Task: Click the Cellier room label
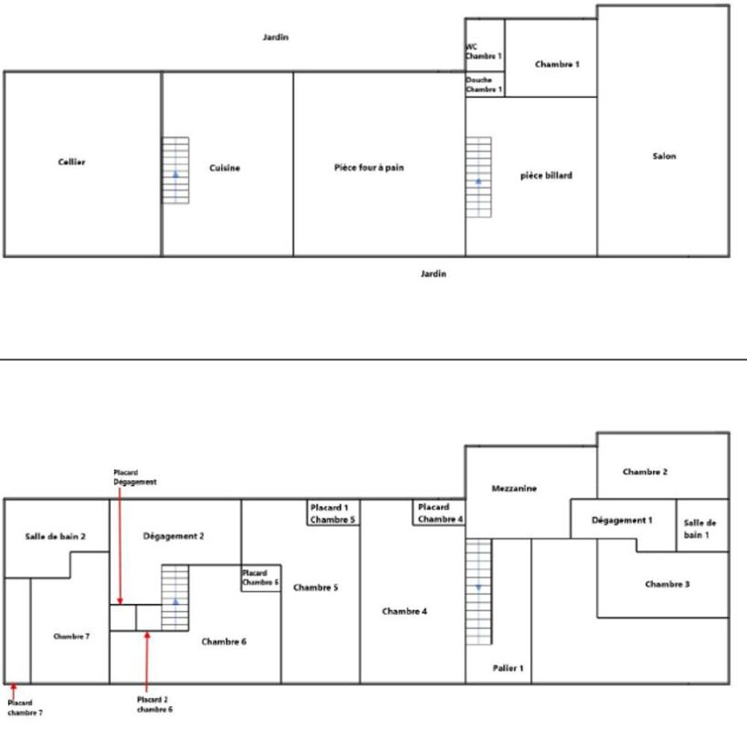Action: [72, 162]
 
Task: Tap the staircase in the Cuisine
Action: [176, 170]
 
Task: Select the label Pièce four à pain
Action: [368, 168]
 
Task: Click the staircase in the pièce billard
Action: [478, 177]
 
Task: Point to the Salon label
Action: [663, 156]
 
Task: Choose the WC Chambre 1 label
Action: [483, 51]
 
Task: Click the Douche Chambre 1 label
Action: [483, 84]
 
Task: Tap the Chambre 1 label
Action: [557, 65]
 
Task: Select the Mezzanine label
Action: [514, 488]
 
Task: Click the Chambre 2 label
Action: [645, 472]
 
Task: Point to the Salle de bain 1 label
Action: [700, 528]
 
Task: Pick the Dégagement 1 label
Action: [622, 520]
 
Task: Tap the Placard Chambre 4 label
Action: [440, 513]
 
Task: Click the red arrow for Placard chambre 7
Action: [13, 690]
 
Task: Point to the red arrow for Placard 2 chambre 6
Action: [147, 661]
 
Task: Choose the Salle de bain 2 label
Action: [55, 536]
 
